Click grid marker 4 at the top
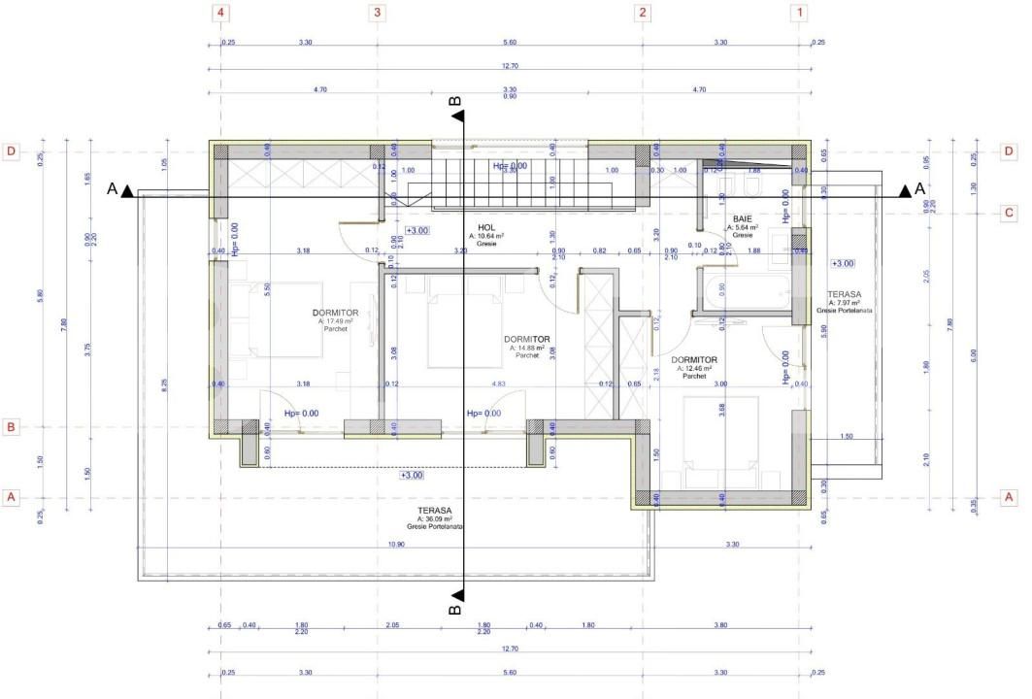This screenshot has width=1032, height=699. point(222,13)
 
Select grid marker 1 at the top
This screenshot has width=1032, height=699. point(799,13)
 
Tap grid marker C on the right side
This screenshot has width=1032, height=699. point(1009,213)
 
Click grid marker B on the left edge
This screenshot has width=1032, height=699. point(12,426)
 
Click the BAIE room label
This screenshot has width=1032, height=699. point(743,219)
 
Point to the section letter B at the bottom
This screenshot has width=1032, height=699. point(453,607)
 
